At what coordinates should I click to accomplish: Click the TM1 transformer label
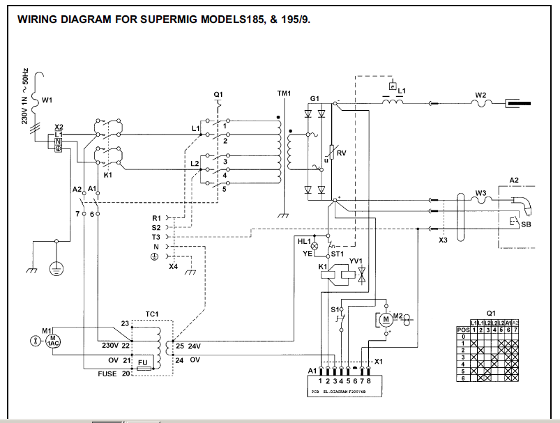click(285, 93)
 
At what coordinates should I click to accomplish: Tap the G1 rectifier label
click(315, 99)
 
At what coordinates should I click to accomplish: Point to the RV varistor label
click(341, 153)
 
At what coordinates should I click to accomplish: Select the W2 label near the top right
click(480, 95)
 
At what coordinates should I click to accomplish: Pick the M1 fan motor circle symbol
click(53, 341)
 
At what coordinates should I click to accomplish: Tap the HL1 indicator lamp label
click(305, 241)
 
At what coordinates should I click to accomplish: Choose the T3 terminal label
click(156, 237)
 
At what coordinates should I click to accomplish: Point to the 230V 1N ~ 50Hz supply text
click(26, 95)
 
